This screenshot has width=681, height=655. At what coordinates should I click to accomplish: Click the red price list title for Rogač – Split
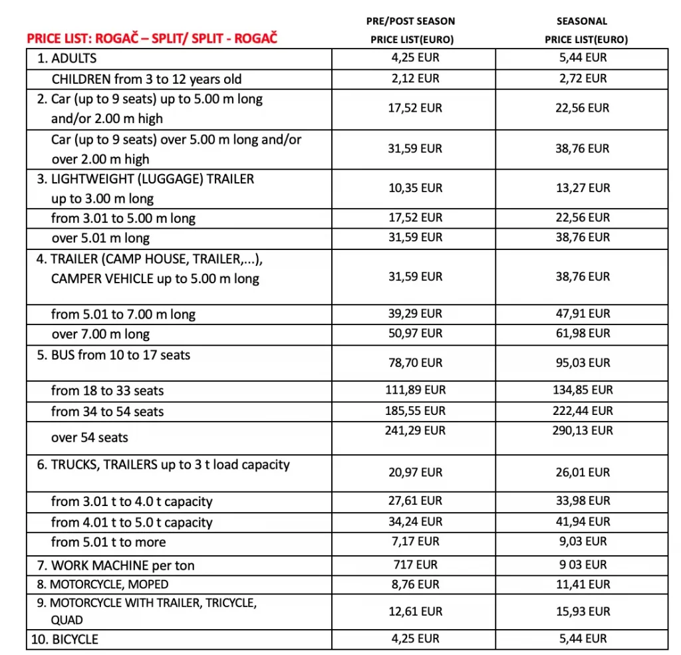152,39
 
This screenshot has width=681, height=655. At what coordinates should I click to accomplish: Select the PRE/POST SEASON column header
411,21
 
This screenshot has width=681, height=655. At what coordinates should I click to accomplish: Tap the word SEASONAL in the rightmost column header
582,21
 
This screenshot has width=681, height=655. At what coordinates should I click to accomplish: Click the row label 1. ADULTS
67,59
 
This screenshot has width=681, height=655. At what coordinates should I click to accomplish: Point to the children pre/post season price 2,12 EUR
415,78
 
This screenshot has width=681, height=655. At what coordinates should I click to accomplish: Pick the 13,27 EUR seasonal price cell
583,188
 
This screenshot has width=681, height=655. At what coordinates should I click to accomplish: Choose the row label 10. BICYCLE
65,640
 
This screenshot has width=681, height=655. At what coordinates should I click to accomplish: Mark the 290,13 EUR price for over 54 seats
583,430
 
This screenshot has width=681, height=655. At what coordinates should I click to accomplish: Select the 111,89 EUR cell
415,390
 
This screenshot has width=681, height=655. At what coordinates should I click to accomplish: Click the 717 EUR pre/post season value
415,565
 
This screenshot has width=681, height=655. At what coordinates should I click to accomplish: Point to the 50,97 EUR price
415,333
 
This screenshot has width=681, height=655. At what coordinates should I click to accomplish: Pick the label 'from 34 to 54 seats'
107,412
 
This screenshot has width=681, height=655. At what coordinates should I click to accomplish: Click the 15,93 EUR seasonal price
583,611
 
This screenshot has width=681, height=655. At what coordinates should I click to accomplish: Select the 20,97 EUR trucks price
415,472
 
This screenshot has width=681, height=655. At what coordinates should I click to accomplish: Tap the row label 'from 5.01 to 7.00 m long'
123,314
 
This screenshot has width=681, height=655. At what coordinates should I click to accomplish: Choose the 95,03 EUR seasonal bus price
583,362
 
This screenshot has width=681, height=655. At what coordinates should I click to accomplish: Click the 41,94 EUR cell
583,521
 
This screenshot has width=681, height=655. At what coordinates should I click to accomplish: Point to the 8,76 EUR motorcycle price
415,585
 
